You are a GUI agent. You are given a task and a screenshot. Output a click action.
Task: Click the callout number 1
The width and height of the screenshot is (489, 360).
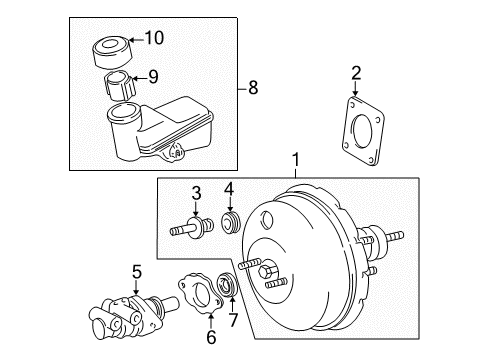(x=294, y=158)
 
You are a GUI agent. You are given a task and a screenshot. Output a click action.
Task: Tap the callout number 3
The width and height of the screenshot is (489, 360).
(x=198, y=193)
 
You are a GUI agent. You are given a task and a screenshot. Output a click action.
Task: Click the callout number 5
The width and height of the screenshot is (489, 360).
(x=138, y=269)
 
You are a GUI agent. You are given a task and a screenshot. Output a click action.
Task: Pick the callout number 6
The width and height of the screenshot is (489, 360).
(x=210, y=339)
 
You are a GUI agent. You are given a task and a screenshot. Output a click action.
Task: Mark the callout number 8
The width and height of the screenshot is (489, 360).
(x=252, y=87)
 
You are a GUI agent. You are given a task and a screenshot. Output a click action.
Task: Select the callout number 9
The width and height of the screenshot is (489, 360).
(x=153, y=74)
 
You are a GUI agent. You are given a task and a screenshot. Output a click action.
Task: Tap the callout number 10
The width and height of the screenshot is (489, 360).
(x=153, y=38)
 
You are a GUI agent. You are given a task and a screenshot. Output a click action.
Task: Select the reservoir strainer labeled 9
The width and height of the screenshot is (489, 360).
(x=119, y=87)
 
